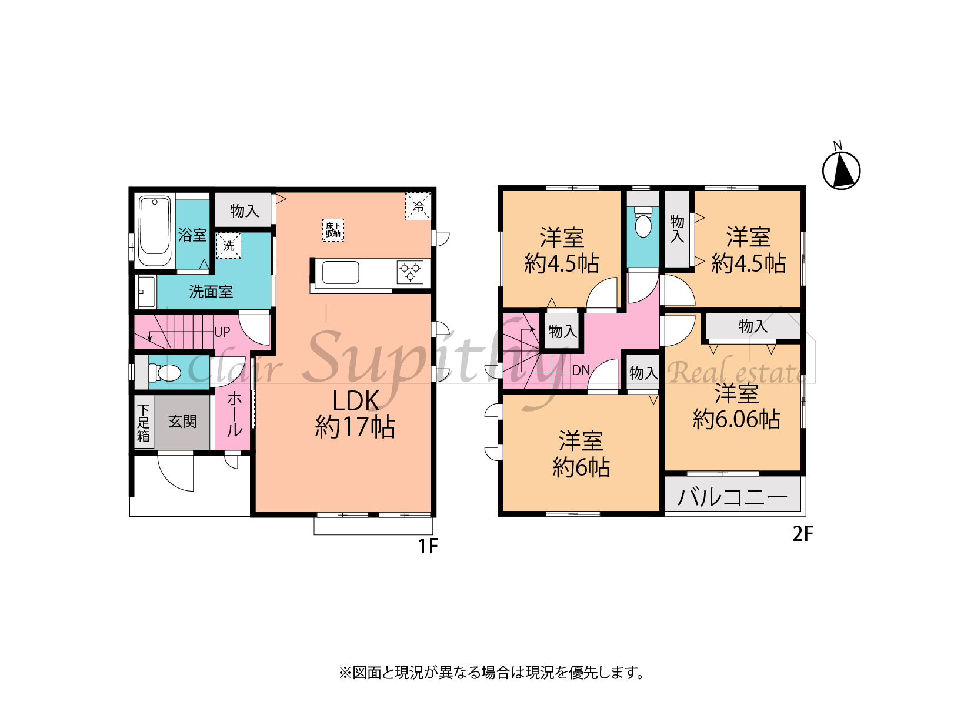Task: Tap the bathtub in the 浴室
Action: (x=154, y=231)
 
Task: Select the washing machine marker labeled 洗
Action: (x=229, y=246)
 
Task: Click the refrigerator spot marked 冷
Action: (x=418, y=206)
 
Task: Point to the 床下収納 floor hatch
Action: (x=333, y=230)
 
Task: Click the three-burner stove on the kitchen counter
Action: (x=410, y=272)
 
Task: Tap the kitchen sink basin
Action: (x=341, y=272)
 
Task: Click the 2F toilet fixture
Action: (x=643, y=222)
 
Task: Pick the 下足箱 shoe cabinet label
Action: (x=143, y=423)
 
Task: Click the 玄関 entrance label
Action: (x=182, y=422)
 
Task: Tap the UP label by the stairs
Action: (x=222, y=332)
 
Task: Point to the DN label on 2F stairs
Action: (x=581, y=370)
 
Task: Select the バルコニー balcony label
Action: (x=732, y=497)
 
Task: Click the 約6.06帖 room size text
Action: (x=736, y=420)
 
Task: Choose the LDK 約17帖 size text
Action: (x=355, y=413)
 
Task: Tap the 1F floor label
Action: (x=428, y=546)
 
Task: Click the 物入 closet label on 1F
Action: (x=245, y=210)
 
